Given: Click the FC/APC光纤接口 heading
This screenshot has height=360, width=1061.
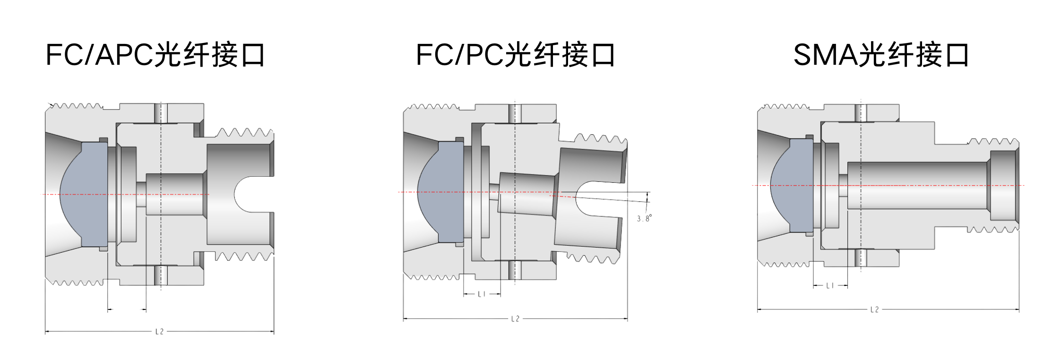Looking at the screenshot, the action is [x=155, y=55].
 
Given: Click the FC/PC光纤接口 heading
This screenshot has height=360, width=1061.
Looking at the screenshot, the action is [x=515, y=55].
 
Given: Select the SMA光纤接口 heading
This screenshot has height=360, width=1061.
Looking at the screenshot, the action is [x=881, y=55].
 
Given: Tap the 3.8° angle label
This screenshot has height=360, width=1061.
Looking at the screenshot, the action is [x=644, y=218].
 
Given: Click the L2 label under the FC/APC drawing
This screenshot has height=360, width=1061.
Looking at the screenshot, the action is [x=159, y=332].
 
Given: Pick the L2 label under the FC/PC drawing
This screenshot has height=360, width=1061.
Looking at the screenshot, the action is [x=515, y=319].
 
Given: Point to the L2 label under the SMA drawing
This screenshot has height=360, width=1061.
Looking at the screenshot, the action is [x=874, y=309].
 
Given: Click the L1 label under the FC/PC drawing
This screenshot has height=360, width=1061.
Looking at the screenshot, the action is [x=482, y=294].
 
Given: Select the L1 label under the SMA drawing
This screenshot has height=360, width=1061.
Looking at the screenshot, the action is [x=830, y=285].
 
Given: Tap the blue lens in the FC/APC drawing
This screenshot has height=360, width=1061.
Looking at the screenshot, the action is [x=85, y=194].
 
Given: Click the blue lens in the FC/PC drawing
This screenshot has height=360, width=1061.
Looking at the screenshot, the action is [x=441, y=192].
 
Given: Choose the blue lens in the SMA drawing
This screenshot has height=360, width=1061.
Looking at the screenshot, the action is [x=793, y=185].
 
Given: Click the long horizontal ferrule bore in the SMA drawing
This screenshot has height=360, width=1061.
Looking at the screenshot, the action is [x=917, y=185].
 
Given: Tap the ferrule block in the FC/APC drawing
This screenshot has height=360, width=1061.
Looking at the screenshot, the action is [x=175, y=194].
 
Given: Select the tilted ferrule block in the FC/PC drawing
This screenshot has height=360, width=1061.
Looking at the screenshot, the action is [x=527, y=194].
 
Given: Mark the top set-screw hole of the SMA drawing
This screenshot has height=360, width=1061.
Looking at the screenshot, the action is [x=861, y=112].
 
